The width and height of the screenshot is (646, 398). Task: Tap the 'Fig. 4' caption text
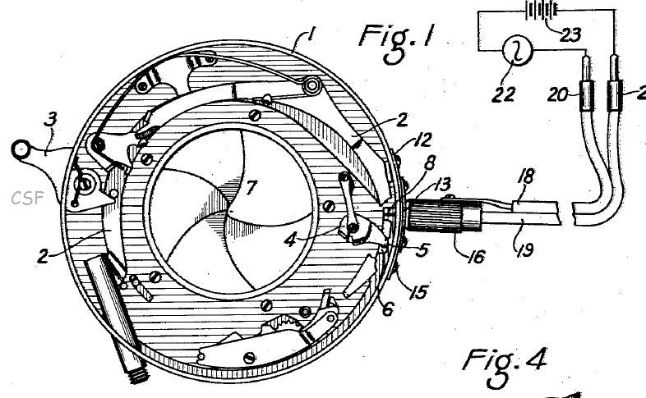click(505, 367)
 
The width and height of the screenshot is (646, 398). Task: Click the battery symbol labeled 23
click(542, 10)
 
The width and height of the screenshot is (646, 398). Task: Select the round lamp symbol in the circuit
click(518, 51)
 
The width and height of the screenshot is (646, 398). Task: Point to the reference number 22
click(504, 94)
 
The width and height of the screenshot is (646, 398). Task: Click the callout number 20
click(558, 95)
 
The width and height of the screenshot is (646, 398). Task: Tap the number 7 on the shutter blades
click(251, 187)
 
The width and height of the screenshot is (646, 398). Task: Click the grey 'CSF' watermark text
click(27, 198)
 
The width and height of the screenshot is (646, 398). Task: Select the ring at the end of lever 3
click(21, 149)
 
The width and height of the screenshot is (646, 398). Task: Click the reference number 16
click(477, 257)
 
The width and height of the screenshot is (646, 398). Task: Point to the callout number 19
click(524, 249)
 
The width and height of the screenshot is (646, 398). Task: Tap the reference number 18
click(528, 176)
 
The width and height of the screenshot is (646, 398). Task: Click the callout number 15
click(418, 292)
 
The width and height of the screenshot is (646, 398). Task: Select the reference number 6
click(388, 309)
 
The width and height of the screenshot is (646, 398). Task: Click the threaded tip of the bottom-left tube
click(140, 374)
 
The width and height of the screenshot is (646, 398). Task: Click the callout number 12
click(422, 140)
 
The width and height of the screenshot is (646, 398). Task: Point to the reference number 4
click(290, 240)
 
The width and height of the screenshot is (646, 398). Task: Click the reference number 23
click(570, 34)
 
